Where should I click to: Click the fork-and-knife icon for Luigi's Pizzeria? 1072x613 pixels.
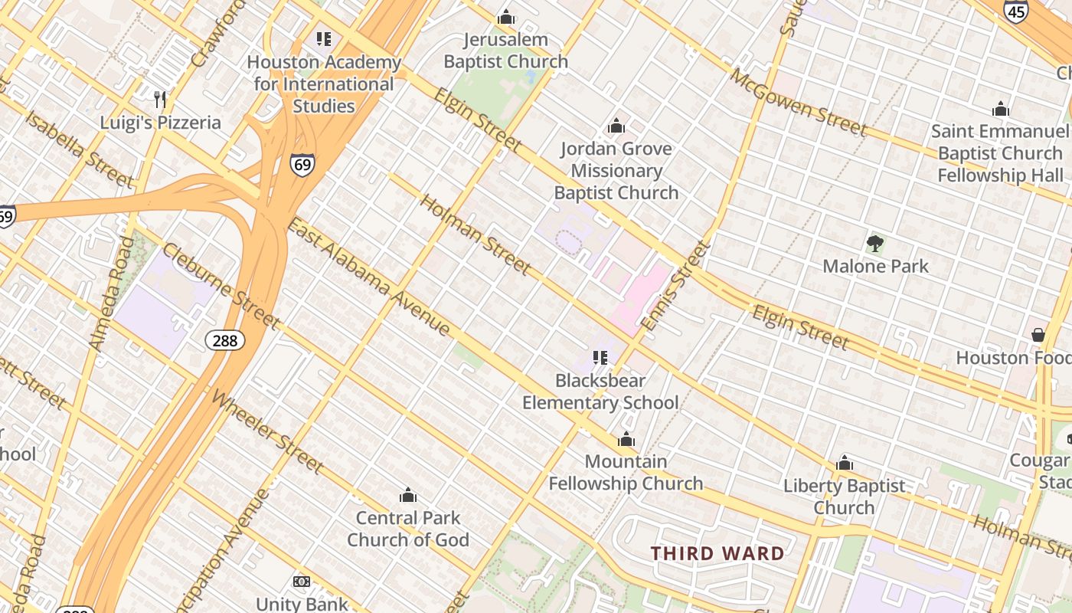(160, 99)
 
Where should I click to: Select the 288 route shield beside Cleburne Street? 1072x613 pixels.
(225, 339)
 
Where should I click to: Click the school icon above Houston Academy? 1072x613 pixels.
(323, 38)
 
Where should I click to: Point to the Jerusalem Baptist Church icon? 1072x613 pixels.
(505, 17)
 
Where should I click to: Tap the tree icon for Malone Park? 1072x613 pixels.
(875, 244)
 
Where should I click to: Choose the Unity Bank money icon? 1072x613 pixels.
(302, 582)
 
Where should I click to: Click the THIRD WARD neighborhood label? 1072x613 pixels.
(717, 553)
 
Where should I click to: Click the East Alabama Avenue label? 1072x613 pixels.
(368, 277)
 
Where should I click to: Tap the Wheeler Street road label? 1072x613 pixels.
(266, 431)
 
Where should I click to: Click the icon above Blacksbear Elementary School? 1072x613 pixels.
(600, 357)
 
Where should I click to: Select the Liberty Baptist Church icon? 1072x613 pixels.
(845, 463)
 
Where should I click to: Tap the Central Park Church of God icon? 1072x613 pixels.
(408, 495)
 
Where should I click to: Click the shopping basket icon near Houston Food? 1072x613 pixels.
(1038, 335)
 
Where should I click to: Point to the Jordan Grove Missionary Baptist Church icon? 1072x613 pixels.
(616, 126)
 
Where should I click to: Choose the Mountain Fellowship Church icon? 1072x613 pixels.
(626, 439)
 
